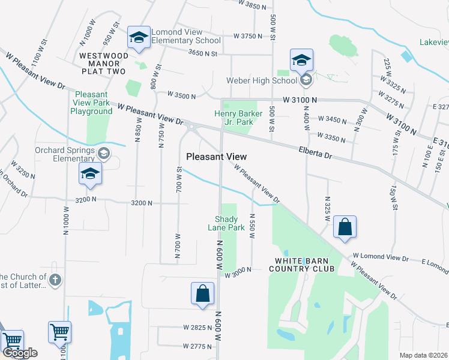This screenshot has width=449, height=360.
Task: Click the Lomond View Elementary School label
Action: tap(185, 37)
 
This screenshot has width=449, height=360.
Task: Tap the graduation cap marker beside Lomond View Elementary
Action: tap(139, 38)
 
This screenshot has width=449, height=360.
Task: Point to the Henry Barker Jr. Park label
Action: tap(234, 118)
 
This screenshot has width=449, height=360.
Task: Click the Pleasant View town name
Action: tap(217, 156)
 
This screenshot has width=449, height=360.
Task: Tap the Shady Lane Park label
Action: tap(226, 223)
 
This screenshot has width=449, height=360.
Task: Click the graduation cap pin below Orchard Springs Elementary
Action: tap(90, 174)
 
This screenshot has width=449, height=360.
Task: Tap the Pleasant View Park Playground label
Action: tap(91, 103)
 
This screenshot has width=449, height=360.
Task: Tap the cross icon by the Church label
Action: tap(55, 280)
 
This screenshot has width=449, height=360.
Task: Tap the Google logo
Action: tap(20, 353)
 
